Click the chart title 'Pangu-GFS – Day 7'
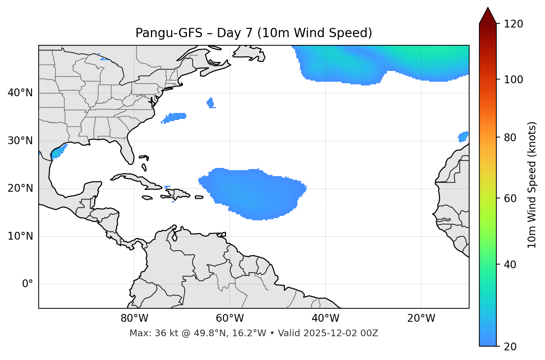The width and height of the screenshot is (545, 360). [x=254, y=33]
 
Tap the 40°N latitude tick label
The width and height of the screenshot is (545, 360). [x=20, y=93]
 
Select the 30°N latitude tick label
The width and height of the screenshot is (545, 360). [x=20, y=141]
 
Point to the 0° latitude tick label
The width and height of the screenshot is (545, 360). [x=27, y=284]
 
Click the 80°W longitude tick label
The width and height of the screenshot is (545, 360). [x=134, y=319]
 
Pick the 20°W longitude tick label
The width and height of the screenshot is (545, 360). [x=421, y=319]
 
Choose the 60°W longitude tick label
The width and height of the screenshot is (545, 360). [x=230, y=319]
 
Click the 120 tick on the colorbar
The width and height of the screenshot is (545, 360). [x=513, y=24]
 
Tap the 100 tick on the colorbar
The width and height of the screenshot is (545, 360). [x=513, y=80]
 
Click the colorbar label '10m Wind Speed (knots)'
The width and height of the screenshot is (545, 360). [x=532, y=185]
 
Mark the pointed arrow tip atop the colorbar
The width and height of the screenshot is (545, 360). [x=488, y=8]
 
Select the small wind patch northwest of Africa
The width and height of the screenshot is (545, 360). [x=463, y=137]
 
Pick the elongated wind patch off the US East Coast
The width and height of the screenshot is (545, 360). [x=174, y=117]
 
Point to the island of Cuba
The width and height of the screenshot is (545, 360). [x=134, y=179]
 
